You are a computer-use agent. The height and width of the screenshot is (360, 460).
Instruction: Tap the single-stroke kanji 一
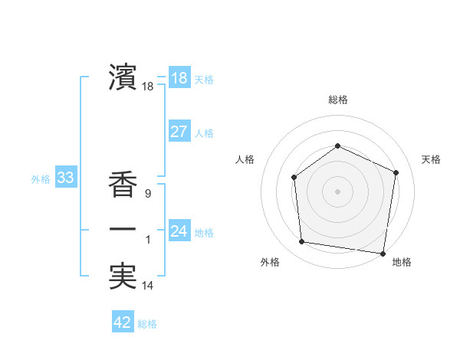[123, 230]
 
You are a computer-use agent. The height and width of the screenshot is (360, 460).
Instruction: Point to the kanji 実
[123, 276]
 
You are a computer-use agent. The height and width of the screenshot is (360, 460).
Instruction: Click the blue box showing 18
[179, 78]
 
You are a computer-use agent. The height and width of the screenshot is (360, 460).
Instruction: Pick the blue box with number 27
[179, 131]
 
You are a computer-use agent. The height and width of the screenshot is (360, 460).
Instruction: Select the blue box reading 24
[179, 231]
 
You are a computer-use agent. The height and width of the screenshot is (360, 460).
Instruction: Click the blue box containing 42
[123, 322]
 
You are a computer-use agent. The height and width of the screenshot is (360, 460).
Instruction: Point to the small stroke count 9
[147, 195]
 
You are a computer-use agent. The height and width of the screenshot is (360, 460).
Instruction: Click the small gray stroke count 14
[147, 286]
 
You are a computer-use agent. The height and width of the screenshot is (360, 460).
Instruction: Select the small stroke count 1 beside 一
[147, 241]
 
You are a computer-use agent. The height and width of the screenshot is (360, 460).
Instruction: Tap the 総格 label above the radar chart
[337, 100]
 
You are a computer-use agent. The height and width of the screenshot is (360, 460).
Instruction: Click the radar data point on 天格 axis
[396, 172]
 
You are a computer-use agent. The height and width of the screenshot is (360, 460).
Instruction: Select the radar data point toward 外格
[302, 242]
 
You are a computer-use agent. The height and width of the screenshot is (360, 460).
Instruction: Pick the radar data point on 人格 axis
[294, 178]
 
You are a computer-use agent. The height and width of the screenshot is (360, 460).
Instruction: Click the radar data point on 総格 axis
[337, 146]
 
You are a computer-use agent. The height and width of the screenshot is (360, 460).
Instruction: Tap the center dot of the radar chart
[337, 191]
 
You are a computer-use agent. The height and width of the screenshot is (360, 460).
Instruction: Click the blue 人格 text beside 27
[203, 133]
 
